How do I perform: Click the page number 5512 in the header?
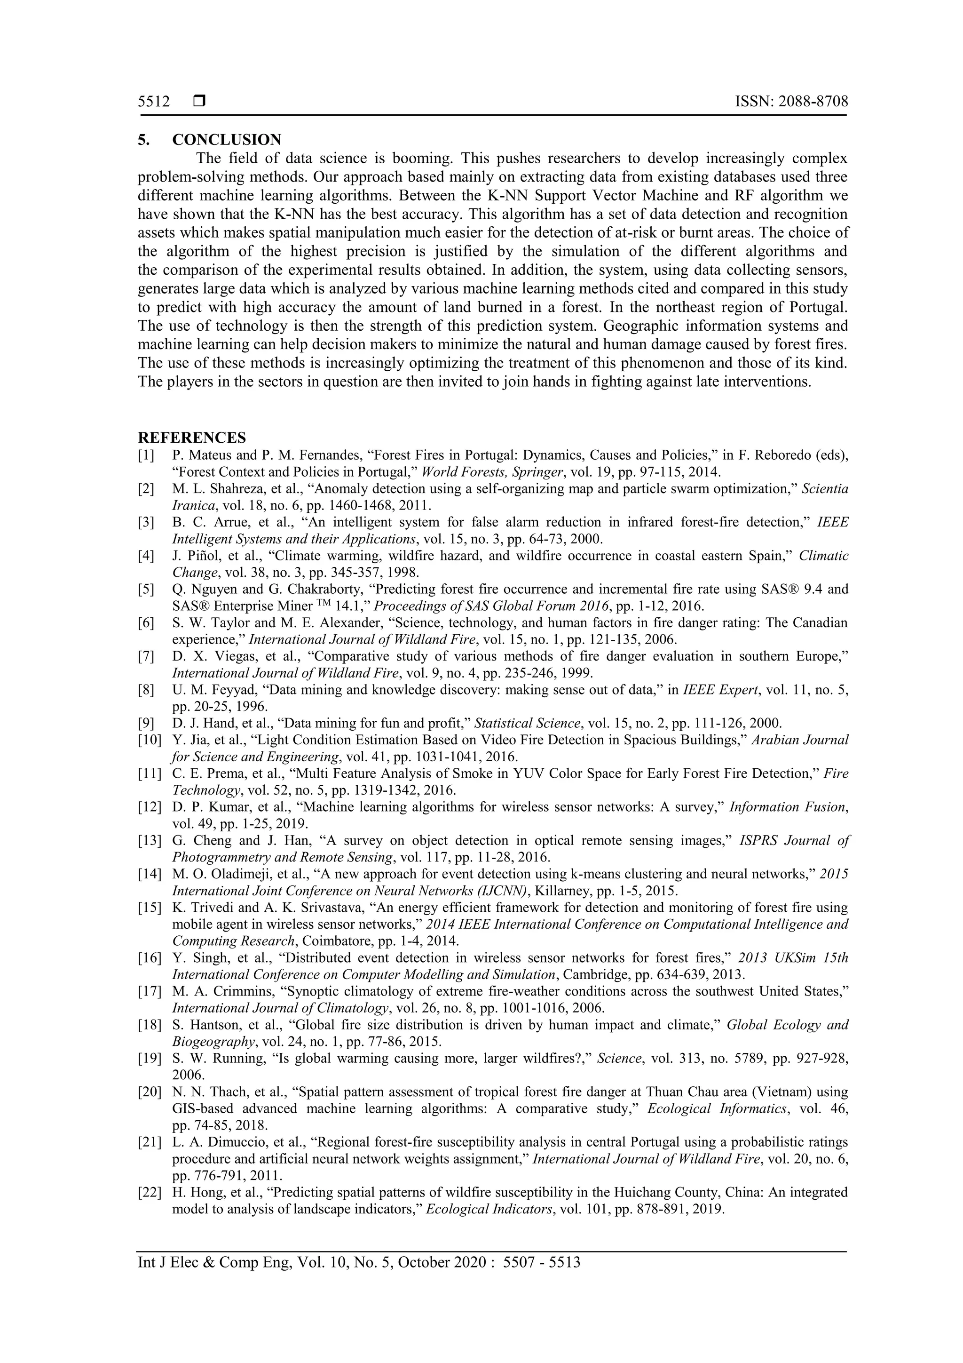154,102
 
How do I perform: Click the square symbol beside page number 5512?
199,102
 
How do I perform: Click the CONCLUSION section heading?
227,140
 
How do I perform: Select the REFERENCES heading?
192,438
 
